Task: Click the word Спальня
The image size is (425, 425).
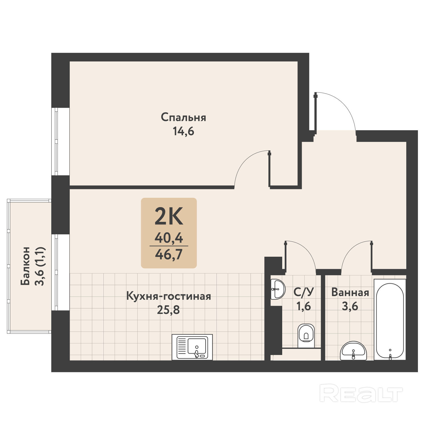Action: tap(183, 117)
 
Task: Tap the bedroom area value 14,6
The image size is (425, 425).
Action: tap(183, 131)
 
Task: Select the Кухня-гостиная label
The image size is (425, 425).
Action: tap(169, 296)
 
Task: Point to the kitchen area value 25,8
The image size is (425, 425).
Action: tap(169, 310)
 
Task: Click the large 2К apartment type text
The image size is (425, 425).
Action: tap(169, 216)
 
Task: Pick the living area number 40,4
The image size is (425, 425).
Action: tap(169, 238)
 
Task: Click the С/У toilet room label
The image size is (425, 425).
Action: tap(304, 292)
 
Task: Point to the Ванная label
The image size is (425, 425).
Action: tap(350, 292)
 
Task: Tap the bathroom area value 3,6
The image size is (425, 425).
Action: tap(350, 306)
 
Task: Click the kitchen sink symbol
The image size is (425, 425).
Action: tap(192, 347)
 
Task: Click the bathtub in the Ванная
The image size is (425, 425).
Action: tap(390, 320)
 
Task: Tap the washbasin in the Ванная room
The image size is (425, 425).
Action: tap(353, 351)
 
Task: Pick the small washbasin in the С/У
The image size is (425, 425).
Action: tap(277, 289)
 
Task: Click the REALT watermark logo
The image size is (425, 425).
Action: tap(361, 393)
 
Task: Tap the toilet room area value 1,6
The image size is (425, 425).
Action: tap(304, 306)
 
